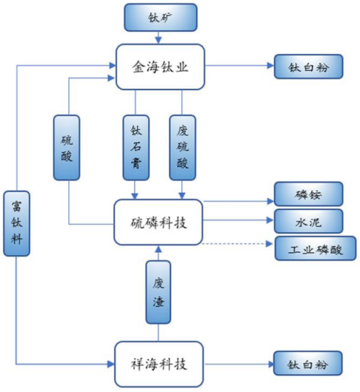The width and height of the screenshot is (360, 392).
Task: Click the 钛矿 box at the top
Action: pos(161,18)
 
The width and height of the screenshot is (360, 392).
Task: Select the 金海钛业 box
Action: pos(161,67)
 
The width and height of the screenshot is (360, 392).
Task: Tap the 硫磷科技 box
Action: pos(158,222)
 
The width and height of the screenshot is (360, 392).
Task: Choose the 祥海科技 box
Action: pos(159,364)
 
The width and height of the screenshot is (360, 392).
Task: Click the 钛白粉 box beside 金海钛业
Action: pos(309,66)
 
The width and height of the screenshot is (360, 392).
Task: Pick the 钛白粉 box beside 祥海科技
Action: pos(307,363)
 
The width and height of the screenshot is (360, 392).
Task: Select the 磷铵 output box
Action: pos(309,194)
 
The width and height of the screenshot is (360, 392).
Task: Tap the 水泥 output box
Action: pos(309,221)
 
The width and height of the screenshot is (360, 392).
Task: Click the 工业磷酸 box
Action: pos(315,249)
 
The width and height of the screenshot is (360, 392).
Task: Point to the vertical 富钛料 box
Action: pos(16,223)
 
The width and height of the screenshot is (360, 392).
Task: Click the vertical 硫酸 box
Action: pos(66,147)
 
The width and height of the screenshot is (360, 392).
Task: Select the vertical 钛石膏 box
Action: pos(136,147)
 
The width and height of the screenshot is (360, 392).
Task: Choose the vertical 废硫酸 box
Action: pos(183,147)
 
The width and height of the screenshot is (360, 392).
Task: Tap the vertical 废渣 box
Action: pos(158,292)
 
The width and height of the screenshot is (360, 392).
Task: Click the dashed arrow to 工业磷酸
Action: pos(237,243)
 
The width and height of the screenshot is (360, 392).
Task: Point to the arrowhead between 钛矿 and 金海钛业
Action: pos(158,40)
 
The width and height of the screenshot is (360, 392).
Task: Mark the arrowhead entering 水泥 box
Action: pos(270,220)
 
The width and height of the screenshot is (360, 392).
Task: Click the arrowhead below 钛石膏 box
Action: pos(135,196)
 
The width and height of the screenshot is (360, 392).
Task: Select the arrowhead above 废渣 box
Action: pos(158,249)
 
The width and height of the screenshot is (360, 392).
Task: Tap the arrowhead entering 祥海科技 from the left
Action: pos(111,364)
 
